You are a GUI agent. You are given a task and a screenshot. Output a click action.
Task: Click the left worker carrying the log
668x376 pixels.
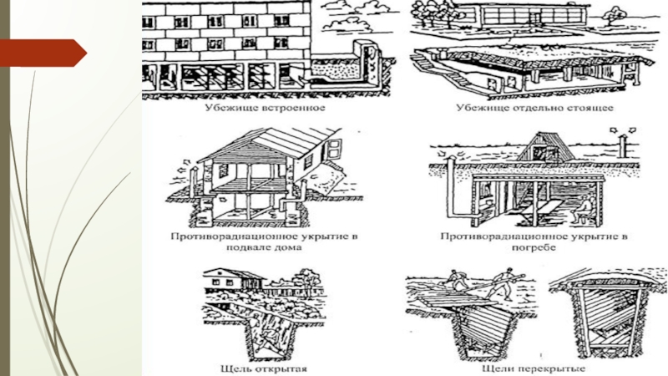pyautogui.click(x=455, y=280)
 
